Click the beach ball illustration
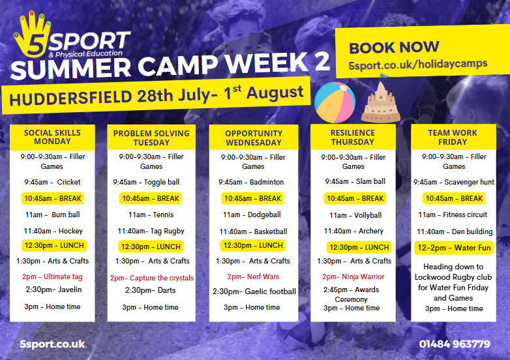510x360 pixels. coord(335,102)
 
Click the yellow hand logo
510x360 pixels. coord(32,35)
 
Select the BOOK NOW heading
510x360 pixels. coord(394,47)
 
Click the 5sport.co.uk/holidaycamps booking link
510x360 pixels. coord(418,64)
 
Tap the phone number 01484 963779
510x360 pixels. coord(455,344)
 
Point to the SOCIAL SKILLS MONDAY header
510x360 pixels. coord(52,137)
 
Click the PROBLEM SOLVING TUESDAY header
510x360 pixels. coord(151,138)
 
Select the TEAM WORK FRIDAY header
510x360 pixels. coord(453,137)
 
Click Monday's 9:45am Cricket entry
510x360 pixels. coord(52,182)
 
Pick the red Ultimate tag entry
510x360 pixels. coord(52,277)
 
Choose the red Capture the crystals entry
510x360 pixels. coord(152,278)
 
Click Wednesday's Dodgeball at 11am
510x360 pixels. coord(252,215)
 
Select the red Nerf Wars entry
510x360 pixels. coord(253,277)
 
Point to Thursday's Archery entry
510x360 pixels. coord(353,232)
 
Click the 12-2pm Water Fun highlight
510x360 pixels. coord(454,248)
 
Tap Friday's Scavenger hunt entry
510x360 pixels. coord(454,182)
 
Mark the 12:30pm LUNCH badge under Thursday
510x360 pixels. coord(359,247)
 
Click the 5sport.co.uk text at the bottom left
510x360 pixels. coord(52,344)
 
